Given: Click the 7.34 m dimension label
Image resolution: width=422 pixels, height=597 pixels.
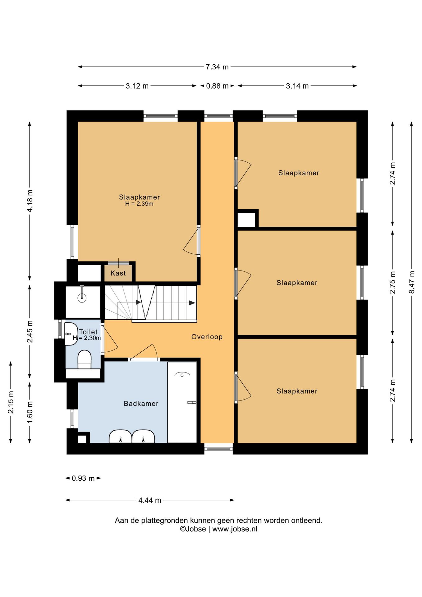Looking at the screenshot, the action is pyautogui.click(x=217, y=67).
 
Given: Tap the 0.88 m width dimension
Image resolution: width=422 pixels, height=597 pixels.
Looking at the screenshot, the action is pyautogui.click(x=217, y=86).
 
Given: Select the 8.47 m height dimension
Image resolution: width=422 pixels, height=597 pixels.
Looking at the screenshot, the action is pyautogui.click(x=412, y=282).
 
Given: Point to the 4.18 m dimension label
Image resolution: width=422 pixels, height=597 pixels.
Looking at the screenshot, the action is pyautogui.click(x=30, y=201).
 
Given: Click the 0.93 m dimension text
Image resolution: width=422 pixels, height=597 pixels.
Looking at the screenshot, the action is pyautogui.click(x=83, y=478).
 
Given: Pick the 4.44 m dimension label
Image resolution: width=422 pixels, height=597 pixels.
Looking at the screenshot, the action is pyautogui.click(x=150, y=500).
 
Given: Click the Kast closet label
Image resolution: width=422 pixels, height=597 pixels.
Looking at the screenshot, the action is pyautogui.click(x=118, y=273).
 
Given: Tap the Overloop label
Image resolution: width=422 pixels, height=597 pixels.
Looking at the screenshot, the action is pyautogui.click(x=207, y=337).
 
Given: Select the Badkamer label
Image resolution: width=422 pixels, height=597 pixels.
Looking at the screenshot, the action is pyautogui.click(x=141, y=404).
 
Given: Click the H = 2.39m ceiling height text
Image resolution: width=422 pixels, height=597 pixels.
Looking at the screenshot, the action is pyautogui.click(x=139, y=204).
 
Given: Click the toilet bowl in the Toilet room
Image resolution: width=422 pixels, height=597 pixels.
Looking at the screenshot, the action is pyautogui.click(x=84, y=360).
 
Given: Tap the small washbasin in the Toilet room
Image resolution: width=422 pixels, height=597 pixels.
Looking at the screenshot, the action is pyautogui.click(x=71, y=334).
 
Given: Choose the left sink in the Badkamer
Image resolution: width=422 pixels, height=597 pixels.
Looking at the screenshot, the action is pyautogui.click(x=120, y=436).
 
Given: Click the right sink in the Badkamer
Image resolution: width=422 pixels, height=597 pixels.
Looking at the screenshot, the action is pyautogui.click(x=143, y=436).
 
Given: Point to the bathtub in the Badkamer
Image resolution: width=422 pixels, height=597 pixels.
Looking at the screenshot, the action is pyautogui.click(x=182, y=402).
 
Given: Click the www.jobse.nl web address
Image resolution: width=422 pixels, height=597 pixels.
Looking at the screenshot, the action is pyautogui.click(x=235, y=529).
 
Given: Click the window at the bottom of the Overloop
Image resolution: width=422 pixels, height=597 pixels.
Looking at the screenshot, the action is pyautogui.click(x=218, y=449).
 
